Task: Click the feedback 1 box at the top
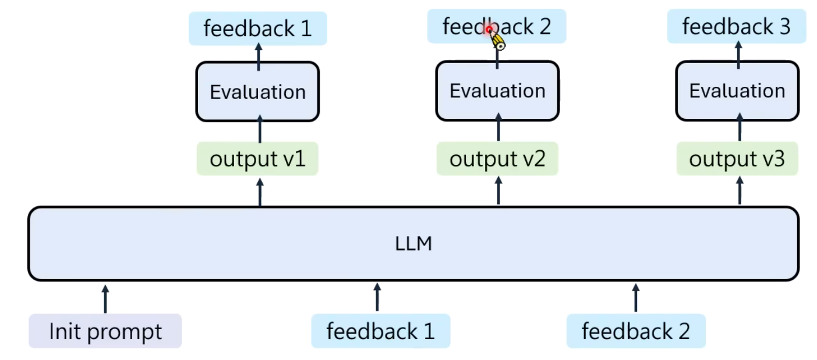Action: pyautogui.click(x=258, y=29)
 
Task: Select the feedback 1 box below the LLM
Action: pyautogui.click(x=380, y=331)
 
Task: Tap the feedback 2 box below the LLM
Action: pyautogui.click(x=636, y=331)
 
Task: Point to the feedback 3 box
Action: pyautogui.click(x=737, y=26)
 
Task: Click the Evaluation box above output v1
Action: pyautogui.click(x=257, y=91)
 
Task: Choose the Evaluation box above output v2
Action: pyautogui.click(x=497, y=90)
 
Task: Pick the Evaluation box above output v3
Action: pyautogui.click(x=737, y=90)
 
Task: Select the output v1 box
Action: pyautogui.click(x=257, y=158)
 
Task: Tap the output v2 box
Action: pyautogui.click(x=497, y=158)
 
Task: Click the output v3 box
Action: pyautogui.click(x=737, y=158)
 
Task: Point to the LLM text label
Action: pyautogui.click(x=413, y=243)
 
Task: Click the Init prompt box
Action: pyautogui.click(x=105, y=331)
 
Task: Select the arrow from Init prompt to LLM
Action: pyautogui.click(x=105, y=299)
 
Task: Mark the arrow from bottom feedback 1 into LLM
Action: pyautogui.click(x=377, y=297)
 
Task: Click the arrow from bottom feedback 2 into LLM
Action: pyautogui.click(x=636, y=298)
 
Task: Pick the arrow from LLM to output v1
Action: pyautogui.click(x=260, y=192)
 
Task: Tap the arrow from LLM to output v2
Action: pyautogui.click(x=498, y=190)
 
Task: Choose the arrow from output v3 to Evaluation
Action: pyautogui.click(x=740, y=126)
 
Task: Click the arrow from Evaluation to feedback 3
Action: pyautogui.click(x=738, y=55)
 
